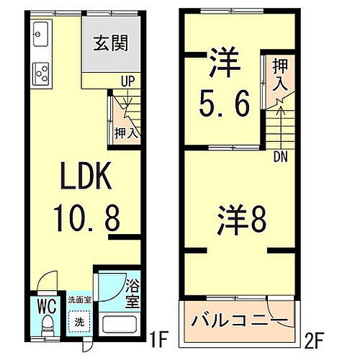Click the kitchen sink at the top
tap(40, 35)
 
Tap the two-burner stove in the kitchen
tap(40, 73)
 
